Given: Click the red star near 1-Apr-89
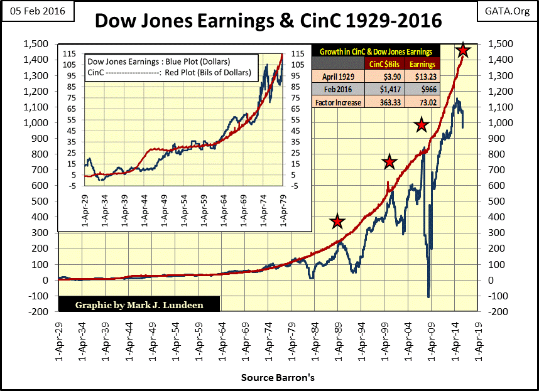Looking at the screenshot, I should click(338, 222).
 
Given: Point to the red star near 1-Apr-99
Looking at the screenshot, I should click(389, 162).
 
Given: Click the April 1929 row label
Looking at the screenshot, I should click(338, 76).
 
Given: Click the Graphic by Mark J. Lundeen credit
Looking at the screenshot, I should click(139, 305).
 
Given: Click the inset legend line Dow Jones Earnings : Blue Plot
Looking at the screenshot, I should click(158, 62).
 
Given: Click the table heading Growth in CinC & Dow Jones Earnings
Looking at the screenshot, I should click(378, 51).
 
